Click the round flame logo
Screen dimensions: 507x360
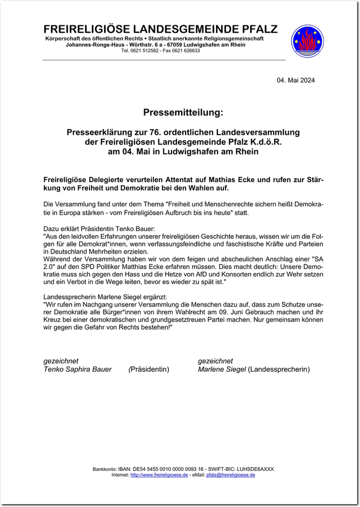point(307,41)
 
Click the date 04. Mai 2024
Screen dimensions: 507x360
point(295,80)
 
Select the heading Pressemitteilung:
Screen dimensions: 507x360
point(183,113)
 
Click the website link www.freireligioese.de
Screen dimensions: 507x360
point(159,475)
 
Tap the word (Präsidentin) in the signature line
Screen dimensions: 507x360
point(149,369)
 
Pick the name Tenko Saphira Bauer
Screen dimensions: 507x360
point(78,369)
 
